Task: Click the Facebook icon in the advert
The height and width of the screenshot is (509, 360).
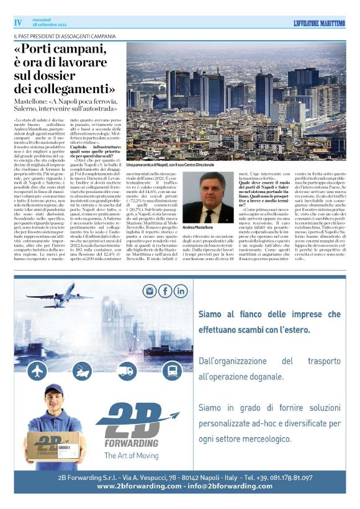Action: (164, 291)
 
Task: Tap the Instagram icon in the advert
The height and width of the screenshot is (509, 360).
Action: (149, 291)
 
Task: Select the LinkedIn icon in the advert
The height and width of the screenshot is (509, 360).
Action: (181, 291)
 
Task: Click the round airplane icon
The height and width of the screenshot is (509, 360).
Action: (38, 371)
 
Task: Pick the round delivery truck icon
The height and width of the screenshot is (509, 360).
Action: (127, 371)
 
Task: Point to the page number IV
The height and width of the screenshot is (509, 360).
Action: (18, 22)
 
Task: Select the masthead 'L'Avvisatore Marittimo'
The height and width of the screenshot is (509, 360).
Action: (310, 22)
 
